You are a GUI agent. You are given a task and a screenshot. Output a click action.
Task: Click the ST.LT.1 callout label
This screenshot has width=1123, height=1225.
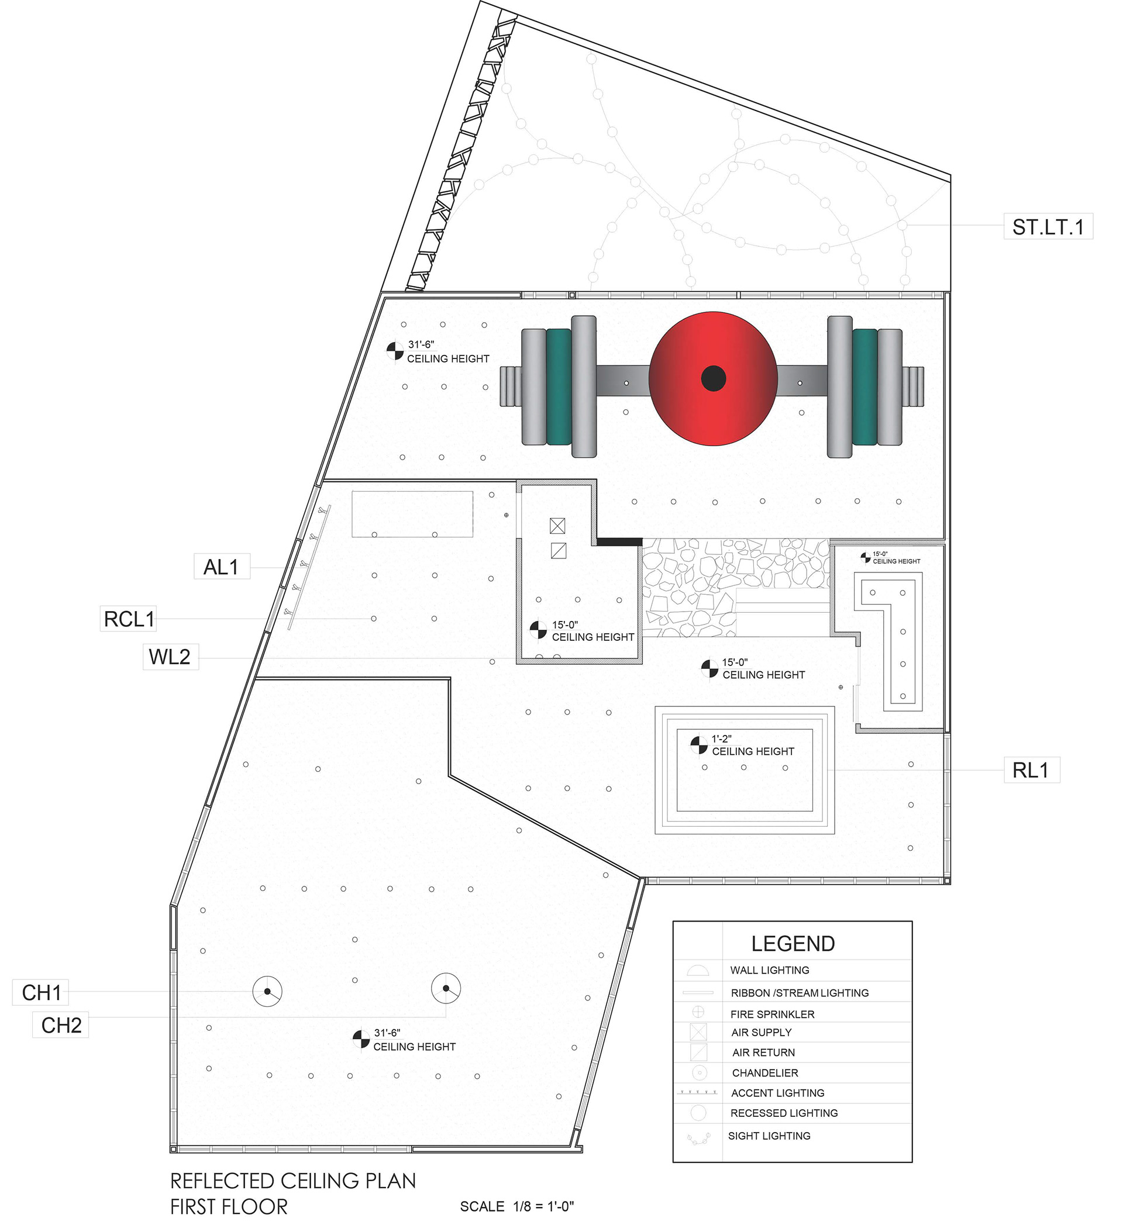[x=1048, y=227]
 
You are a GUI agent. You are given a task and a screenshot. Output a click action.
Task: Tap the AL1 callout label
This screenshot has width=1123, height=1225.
[x=221, y=567]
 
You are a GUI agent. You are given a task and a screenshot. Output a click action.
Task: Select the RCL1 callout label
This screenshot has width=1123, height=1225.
[x=129, y=619]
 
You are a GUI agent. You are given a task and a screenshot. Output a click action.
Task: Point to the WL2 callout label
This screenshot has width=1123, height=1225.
[x=170, y=657]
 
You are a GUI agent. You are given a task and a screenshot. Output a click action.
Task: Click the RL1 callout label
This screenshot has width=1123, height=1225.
[x=1031, y=771]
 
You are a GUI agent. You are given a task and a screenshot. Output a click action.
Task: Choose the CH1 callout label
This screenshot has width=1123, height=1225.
[x=42, y=993]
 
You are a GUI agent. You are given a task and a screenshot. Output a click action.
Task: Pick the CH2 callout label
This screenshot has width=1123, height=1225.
[x=61, y=1025]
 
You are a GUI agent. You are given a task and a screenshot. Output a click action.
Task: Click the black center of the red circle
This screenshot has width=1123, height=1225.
[x=714, y=378]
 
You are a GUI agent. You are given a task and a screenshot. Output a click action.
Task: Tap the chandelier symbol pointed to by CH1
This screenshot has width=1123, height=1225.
[x=267, y=992]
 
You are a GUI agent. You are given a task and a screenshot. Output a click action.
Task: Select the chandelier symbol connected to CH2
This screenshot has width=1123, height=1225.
[x=446, y=989]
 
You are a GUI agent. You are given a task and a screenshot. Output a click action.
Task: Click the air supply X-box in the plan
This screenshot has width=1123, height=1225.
[x=557, y=526]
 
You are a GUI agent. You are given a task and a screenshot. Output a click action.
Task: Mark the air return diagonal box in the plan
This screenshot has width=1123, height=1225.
[x=559, y=551]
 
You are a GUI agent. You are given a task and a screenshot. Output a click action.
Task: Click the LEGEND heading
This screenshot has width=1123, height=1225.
[x=793, y=944]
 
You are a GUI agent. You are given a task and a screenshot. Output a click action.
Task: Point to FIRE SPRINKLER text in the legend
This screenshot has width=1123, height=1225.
[x=773, y=1014]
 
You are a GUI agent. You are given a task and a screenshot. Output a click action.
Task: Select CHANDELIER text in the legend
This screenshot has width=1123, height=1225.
[x=765, y=1073]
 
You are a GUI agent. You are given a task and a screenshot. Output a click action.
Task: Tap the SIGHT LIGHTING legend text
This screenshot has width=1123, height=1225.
[x=769, y=1136]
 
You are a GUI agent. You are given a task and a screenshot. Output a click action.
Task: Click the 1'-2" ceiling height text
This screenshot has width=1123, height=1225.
[x=721, y=739]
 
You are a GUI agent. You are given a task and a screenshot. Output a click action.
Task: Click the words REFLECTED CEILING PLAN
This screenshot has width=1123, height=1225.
[x=293, y=1181]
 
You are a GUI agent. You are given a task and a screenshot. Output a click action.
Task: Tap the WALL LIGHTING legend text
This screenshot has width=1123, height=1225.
[x=770, y=971]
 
